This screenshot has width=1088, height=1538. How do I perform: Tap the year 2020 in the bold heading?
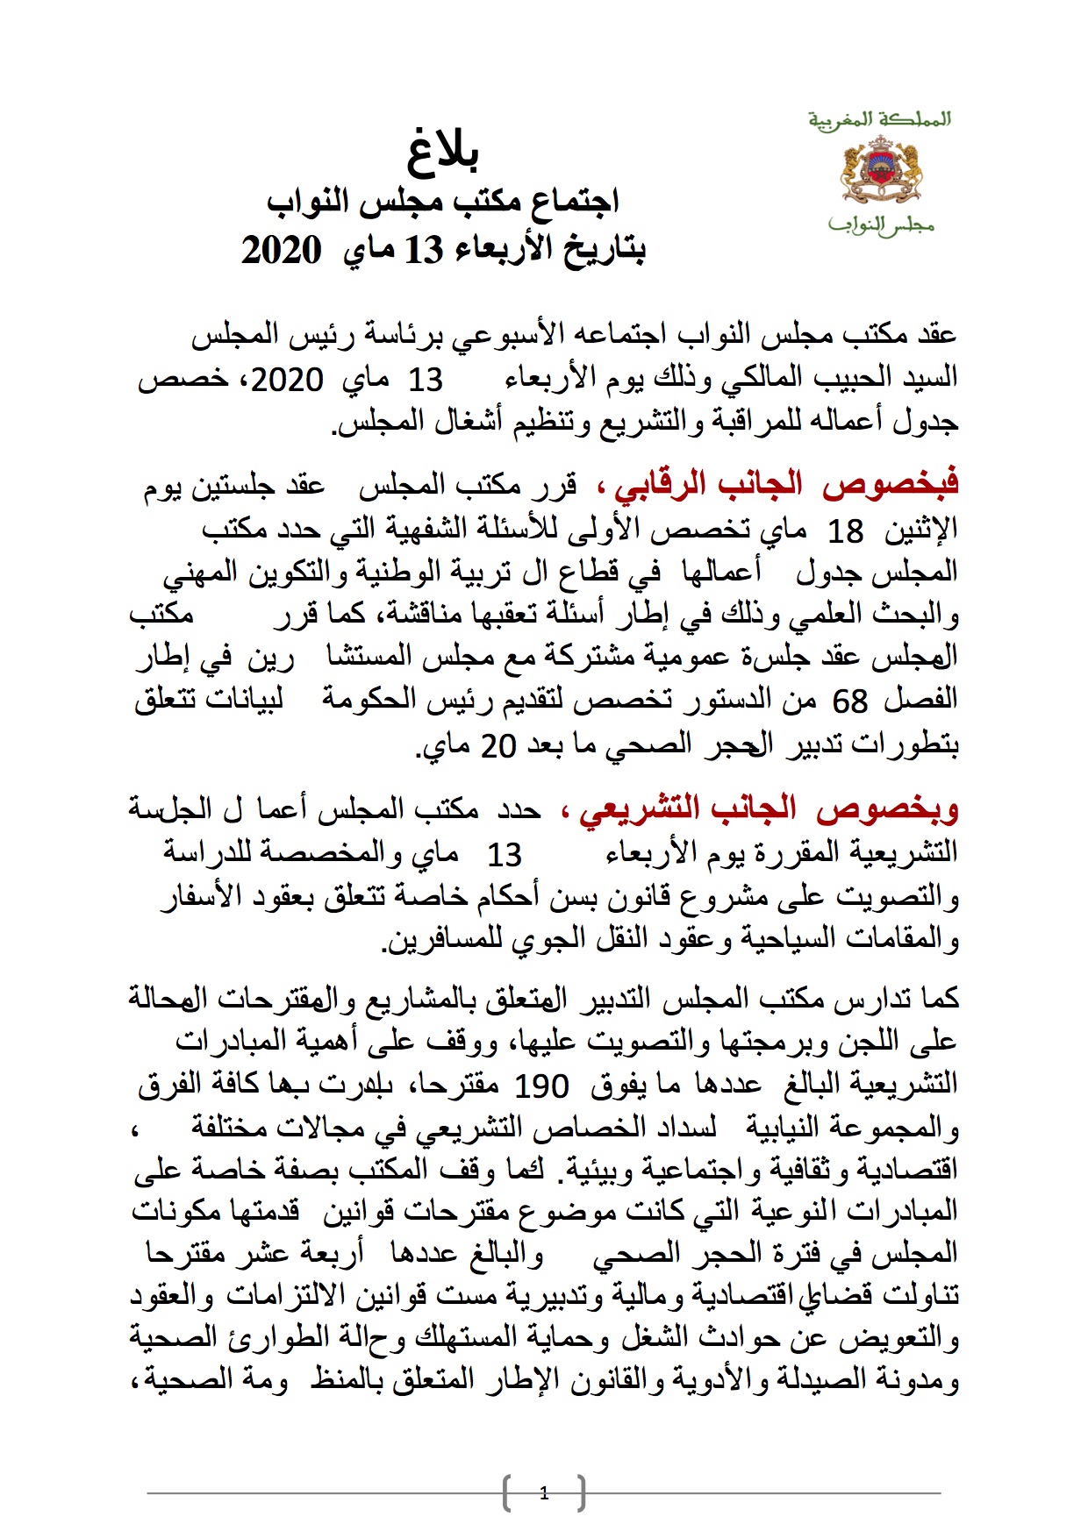tap(281, 251)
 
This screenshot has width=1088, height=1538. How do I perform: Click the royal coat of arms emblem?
tap(880, 170)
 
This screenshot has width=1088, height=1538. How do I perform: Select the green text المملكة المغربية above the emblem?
tap(879, 119)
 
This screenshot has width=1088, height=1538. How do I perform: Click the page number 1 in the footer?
tap(544, 1493)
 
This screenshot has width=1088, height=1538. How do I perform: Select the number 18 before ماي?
tap(847, 530)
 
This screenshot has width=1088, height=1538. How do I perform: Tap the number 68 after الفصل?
tap(849, 701)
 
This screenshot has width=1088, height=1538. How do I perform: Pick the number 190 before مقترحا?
tap(541, 1086)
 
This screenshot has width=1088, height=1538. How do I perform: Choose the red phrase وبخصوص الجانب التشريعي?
tap(760, 809)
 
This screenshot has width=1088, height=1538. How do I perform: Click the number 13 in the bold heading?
tap(424, 251)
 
